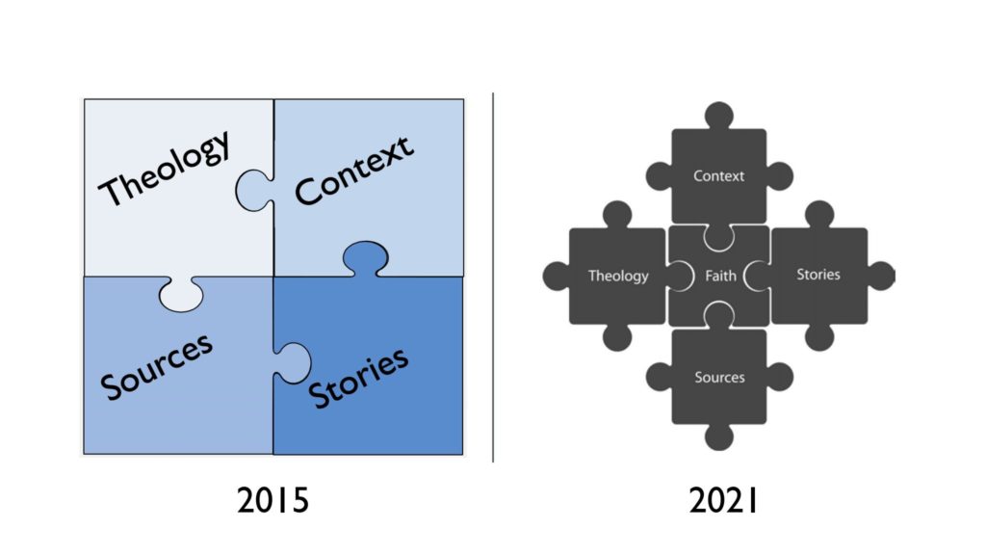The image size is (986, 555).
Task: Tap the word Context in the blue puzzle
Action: pos(353,171)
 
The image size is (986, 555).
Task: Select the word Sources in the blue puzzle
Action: pos(157,365)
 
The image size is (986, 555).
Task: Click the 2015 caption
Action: pos(272,502)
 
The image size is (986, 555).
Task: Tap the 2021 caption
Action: pos(723,502)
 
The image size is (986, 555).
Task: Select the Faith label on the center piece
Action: pos(720,276)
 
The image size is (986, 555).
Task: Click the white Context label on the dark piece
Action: pos(718,175)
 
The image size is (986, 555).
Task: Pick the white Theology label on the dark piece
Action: pos(618,276)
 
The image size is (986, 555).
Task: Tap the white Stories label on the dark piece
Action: pos(818,275)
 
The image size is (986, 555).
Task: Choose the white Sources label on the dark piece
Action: pos(719,377)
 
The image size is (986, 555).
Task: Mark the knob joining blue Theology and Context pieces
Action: pos(252,190)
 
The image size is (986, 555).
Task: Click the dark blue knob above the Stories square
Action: pos(366,256)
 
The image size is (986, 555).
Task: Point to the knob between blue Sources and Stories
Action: pos(291,361)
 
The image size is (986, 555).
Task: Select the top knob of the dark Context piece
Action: pos(718,114)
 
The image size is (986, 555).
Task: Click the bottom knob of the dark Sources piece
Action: pos(718,437)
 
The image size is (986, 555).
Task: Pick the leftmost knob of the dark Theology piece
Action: pos(556,276)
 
